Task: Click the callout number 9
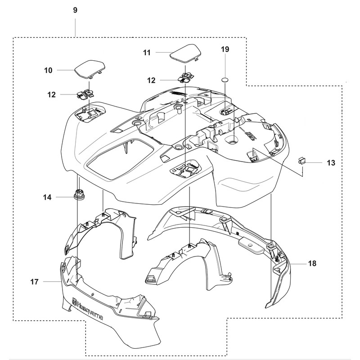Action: pos(75,10)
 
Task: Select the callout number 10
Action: pos(48,70)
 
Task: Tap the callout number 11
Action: pos(147,53)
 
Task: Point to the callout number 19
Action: pos(225,49)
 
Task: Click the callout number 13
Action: pos(331,163)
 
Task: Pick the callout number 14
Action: pos(47,197)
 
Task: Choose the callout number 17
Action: pos(35,282)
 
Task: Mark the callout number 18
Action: pos(312,263)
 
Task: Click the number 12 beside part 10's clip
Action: pos(51,94)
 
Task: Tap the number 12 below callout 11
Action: pos(151,81)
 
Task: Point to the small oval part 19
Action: pos(225,80)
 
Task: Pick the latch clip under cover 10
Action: pos(85,94)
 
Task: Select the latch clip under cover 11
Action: pos(186,77)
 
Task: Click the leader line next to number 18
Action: pos(298,264)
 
